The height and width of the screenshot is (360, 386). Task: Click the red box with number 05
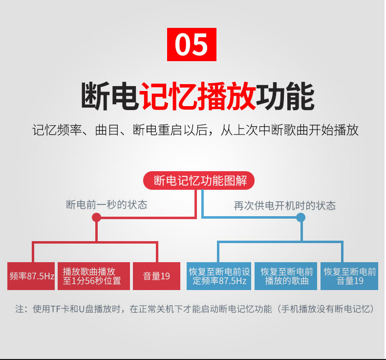click(x=192, y=45)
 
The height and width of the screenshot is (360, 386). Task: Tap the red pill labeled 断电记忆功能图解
click(x=199, y=180)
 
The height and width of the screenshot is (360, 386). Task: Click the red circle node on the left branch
click(x=97, y=218)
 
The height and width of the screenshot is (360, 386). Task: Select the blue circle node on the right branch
click(x=300, y=218)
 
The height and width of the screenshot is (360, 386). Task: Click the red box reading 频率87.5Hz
click(x=31, y=276)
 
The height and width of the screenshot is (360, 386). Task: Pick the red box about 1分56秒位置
click(x=94, y=276)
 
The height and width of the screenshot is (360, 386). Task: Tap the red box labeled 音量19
click(x=156, y=276)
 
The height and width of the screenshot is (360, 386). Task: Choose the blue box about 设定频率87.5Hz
click(x=219, y=276)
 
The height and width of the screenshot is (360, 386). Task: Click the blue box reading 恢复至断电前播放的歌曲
click(x=286, y=276)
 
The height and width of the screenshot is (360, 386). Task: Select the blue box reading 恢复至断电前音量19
click(x=349, y=276)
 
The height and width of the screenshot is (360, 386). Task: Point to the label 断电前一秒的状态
click(x=107, y=205)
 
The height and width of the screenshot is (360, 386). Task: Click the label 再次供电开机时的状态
click(x=284, y=205)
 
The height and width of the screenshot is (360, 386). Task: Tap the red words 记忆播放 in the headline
click(x=198, y=95)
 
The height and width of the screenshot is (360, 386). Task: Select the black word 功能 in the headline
click(x=285, y=95)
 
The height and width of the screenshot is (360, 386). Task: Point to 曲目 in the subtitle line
click(x=107, y=130)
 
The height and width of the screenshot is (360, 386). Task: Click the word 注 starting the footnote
click(x=20, y=309)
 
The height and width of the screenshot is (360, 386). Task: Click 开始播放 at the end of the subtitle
click(x=334, y=130)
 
